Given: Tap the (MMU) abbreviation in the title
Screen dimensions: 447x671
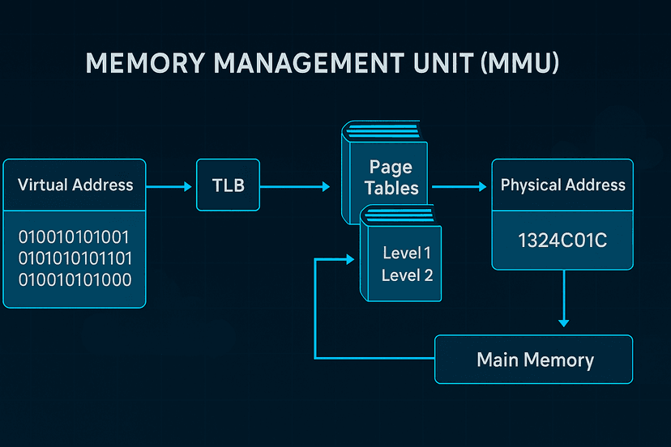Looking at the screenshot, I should (x=519, y=64).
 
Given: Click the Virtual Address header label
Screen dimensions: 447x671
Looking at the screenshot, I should (x=75, y=185).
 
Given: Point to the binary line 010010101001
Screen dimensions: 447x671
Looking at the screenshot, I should (x=74, y=238).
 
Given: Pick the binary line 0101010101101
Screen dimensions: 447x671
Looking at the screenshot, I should (x=75, y=259).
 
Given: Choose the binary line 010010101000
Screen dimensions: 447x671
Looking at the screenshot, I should (x=74, y=280).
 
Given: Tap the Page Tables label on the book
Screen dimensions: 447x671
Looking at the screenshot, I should (x=391, y=177).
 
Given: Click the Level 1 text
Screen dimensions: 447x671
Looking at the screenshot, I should (x=407, y=253).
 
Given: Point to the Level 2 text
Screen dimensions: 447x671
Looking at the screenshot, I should (x=407, y=275).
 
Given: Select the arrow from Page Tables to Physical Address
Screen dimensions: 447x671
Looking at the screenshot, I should (x=459, y=186).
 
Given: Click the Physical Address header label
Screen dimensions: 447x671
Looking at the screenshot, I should (x=563, y=185).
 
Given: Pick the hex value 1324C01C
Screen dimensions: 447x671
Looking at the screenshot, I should (x=562, y=240).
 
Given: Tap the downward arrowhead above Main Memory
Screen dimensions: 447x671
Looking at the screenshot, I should (x=564, y=321).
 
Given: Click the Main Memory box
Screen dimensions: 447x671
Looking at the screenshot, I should (x=534, y=360).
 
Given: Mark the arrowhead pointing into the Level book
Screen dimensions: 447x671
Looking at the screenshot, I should (x=350, y=259).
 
